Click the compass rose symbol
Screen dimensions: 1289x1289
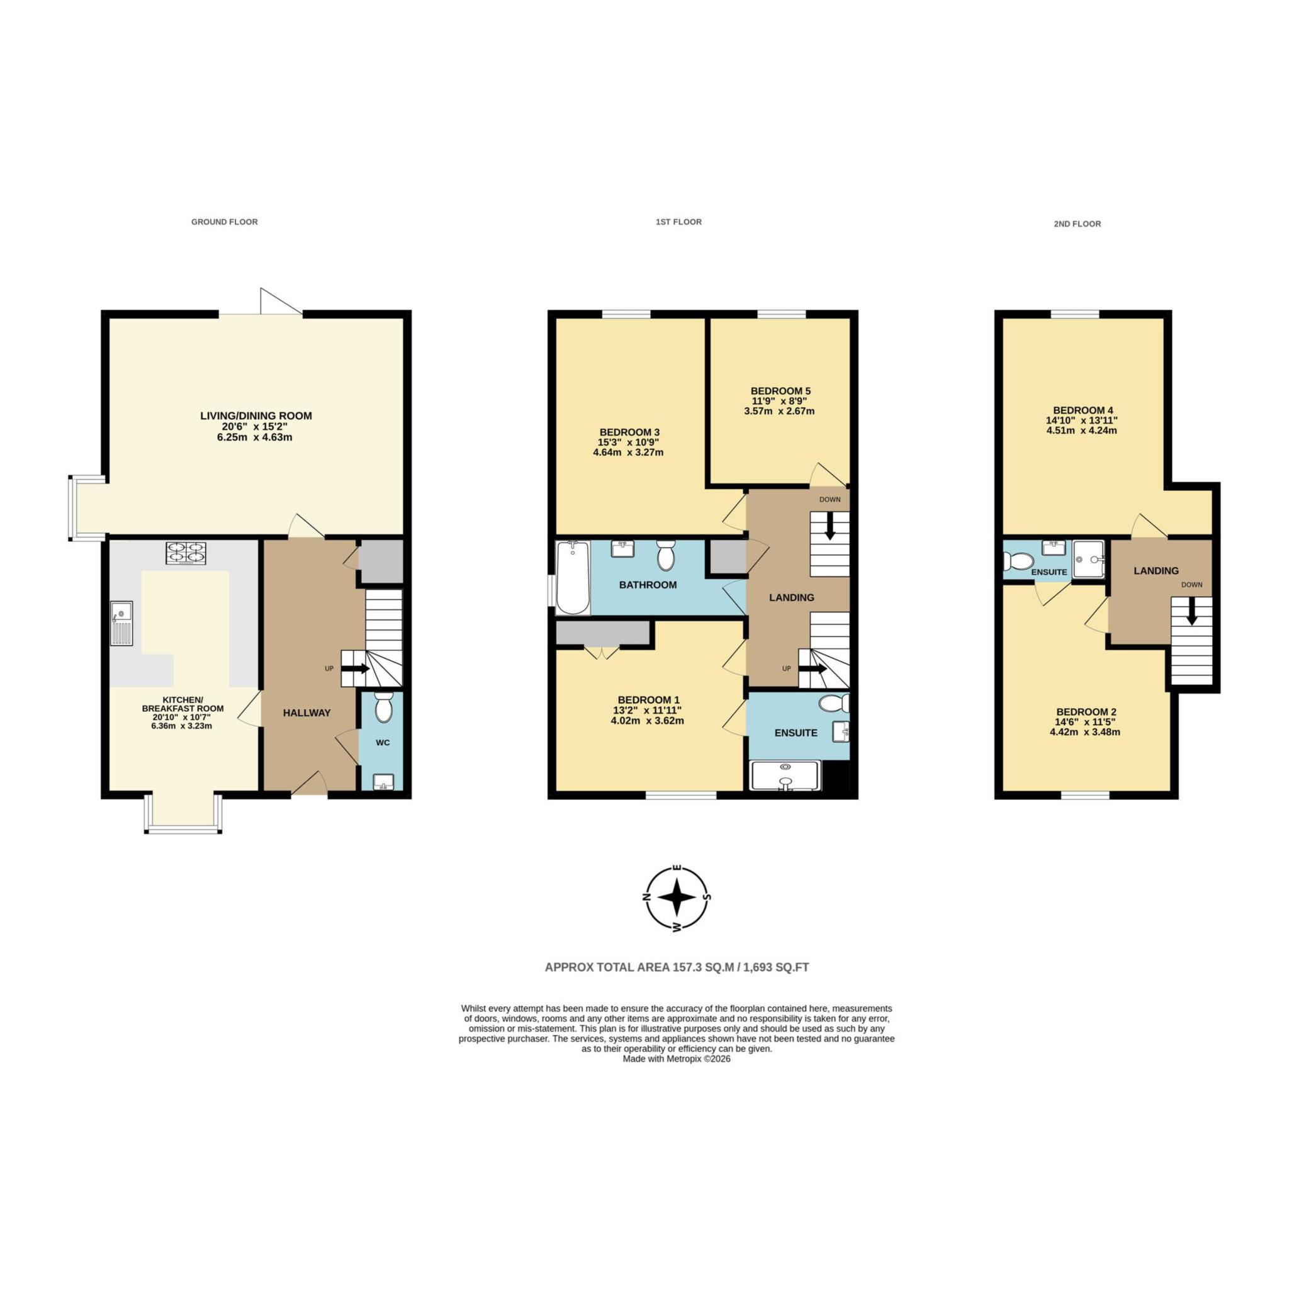tap(677, 898)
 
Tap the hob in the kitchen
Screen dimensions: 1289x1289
tap(186, 554)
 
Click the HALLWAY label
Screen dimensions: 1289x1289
tap(307, 712)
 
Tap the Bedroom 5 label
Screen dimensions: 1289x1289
tap(780, 391)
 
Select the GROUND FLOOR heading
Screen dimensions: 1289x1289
tap(224, 222)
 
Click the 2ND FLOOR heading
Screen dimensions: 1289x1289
tap(1077, 224)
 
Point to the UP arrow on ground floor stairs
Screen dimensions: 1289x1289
tap(355, 668)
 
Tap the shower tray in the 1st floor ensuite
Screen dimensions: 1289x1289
tap(785, 777)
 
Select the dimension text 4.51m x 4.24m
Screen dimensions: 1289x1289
tap(1081, 431)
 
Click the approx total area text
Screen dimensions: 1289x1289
tap(677, 967)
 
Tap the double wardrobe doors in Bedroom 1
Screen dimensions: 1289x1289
tap(602, 653)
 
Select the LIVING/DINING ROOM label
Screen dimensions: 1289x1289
tap(256, 415)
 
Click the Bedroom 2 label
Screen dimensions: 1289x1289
tap(1086, 712)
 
